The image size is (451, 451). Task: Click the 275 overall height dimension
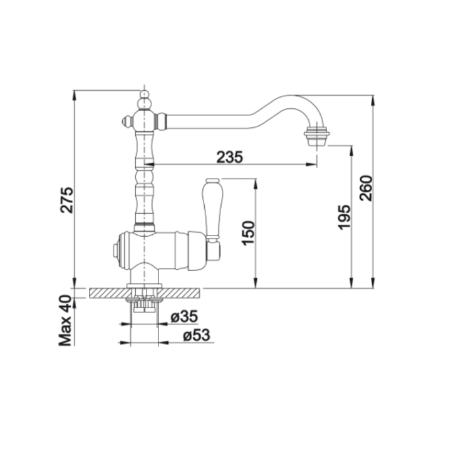pos(67,200)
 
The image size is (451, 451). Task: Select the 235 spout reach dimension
pos(229,157)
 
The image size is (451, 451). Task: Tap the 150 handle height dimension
pos(248,233)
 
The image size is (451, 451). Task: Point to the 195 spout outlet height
pos(344,217)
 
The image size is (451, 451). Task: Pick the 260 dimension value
pos(366,188)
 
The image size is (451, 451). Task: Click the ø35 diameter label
pos(184,316)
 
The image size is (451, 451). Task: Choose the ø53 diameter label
pos(197,335)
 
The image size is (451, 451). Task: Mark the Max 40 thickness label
pos(65,321)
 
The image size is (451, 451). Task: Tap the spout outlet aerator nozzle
pos(317,137)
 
